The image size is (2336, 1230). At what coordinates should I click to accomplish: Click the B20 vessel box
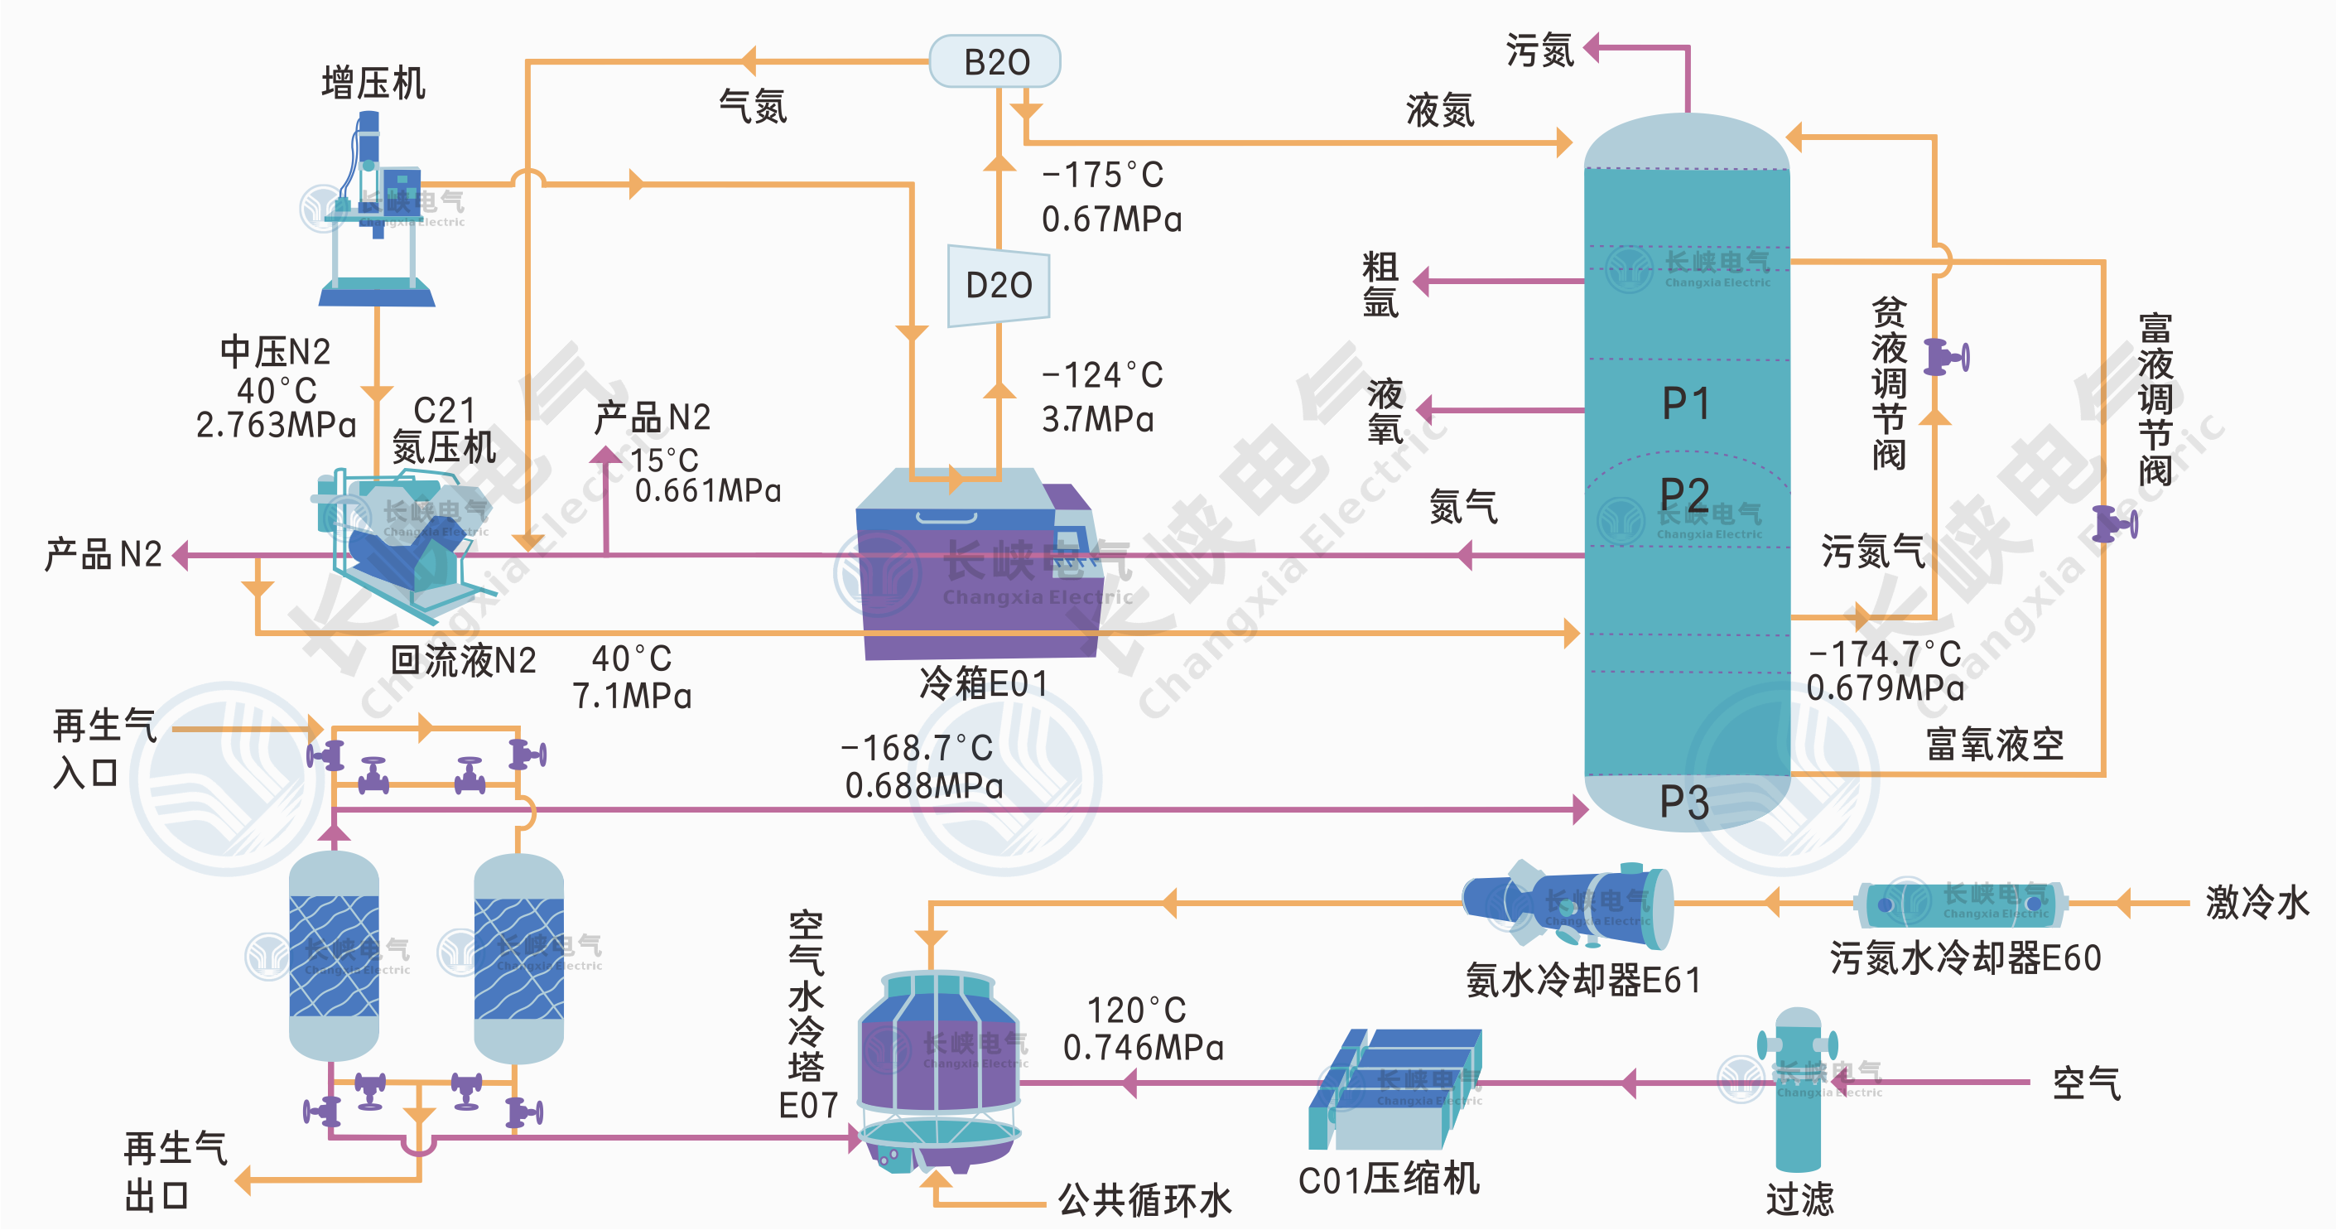coord(995,61)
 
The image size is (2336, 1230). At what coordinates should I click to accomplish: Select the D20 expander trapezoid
coord(999,286)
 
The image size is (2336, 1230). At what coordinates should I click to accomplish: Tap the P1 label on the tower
coord(1686,403)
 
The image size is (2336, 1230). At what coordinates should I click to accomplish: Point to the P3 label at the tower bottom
coord(1684,803)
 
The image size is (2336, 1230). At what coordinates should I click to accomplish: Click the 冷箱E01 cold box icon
coord(975,567)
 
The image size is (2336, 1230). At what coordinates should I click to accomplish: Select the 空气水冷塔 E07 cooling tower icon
coord(938,1070)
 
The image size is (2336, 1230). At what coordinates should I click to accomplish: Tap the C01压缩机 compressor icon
coord(1395,1088)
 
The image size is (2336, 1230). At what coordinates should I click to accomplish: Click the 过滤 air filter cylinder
coord(1798,1088)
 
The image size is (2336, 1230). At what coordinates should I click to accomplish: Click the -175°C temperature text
coord(1103,175)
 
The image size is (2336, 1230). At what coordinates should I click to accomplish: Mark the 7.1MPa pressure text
coord(631,697)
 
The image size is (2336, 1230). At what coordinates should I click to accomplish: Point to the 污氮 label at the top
coord(1539,50)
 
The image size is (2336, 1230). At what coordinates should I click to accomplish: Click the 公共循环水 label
coord(1144,1200)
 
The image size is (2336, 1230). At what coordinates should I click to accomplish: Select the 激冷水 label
coord(2257,903)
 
